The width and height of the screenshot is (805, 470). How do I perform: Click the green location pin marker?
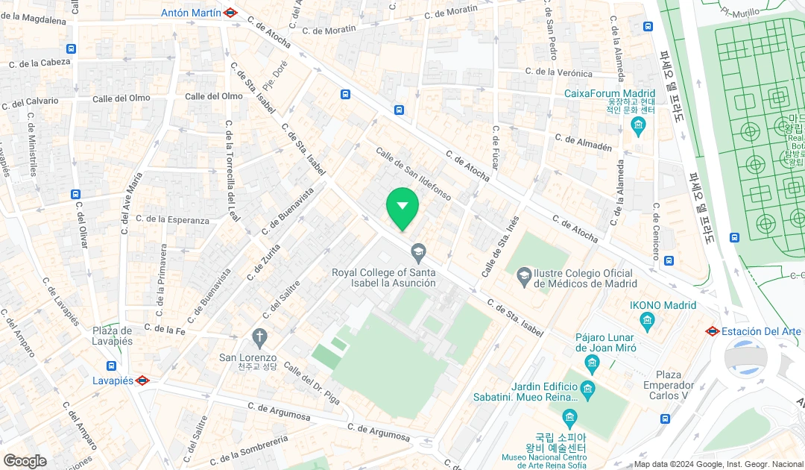(402, 207)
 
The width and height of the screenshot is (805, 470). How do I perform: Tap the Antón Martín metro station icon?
(230, 13)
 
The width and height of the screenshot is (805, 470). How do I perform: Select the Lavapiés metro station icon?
(142, 380)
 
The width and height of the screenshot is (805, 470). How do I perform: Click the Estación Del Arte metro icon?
(713, 331)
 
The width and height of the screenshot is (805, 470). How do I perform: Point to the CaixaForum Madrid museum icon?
(638, 126)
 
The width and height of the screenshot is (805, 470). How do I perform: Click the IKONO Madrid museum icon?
(646, 322)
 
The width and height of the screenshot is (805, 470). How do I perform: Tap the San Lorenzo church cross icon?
(259, 338)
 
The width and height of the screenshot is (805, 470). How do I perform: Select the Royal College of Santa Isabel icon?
(418, 253)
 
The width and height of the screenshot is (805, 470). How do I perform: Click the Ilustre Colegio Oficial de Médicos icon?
(524, 275)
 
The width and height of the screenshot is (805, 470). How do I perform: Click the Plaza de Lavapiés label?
(113, 336)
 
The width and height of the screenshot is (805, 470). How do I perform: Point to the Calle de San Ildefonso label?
(413, 174)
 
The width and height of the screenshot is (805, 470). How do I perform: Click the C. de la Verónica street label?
(558, 72)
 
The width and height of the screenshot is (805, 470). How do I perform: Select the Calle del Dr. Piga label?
(311, 383)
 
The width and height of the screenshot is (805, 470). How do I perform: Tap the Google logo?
(25, 460)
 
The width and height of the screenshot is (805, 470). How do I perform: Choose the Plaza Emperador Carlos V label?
(669, 385)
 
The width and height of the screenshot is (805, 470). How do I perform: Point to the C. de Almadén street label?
(584, 142)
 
